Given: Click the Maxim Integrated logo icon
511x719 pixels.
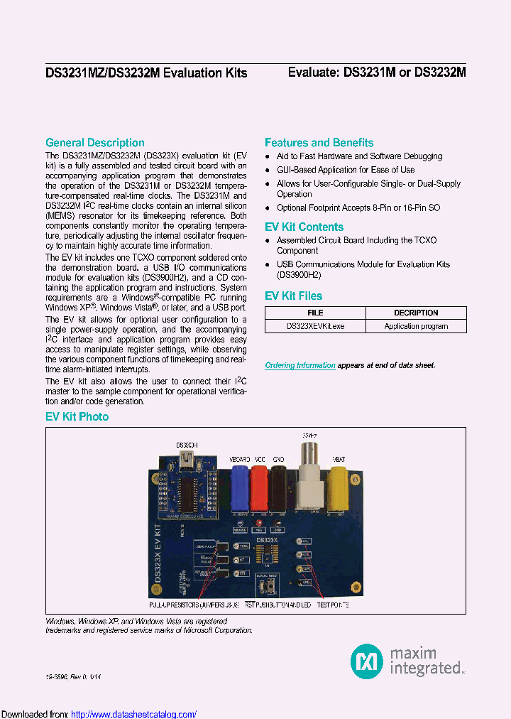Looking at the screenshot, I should coord(366,661).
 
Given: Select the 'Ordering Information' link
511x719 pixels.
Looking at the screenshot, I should coord(300,365).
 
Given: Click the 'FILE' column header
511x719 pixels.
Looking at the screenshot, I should coord(315,313).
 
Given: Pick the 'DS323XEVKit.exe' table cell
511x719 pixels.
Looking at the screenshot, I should coord(315,326).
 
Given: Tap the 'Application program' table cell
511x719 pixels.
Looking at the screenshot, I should coord(416,326).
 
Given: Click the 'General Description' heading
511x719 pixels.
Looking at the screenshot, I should coord(95,143).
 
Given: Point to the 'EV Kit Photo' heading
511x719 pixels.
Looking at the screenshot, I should coord(77,416).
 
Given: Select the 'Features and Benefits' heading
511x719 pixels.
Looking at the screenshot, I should coord(319,143).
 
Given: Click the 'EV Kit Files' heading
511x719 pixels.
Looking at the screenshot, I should coord(293,296).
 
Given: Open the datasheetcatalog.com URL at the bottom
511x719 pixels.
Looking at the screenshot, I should coord(134,714).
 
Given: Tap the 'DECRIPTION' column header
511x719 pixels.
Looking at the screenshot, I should coord(416,313).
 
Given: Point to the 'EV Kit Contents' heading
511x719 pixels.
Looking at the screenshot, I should coord(304,227).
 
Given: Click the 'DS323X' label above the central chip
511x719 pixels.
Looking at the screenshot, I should coord(267,541).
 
